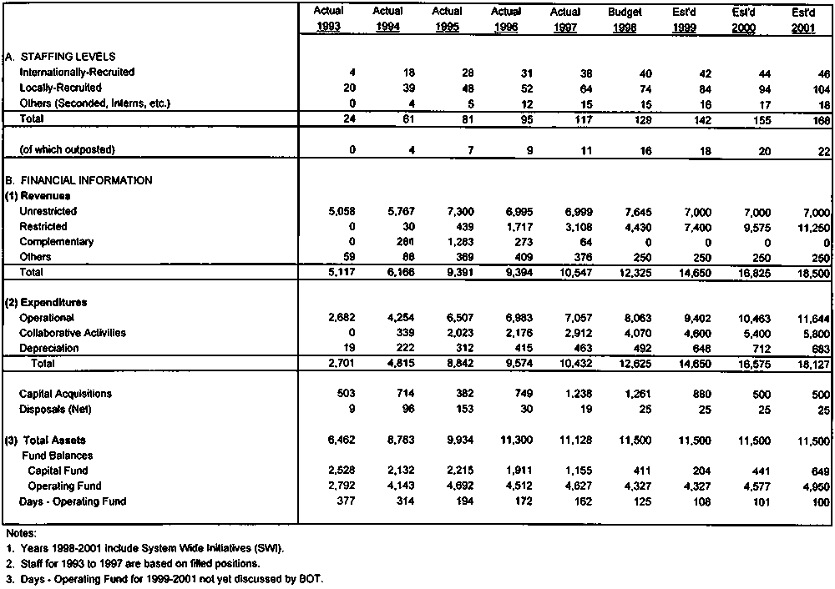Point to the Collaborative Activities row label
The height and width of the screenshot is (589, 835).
72,333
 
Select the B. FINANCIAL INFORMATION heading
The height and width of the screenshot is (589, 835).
78,180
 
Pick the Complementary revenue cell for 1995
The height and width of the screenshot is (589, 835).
448,242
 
